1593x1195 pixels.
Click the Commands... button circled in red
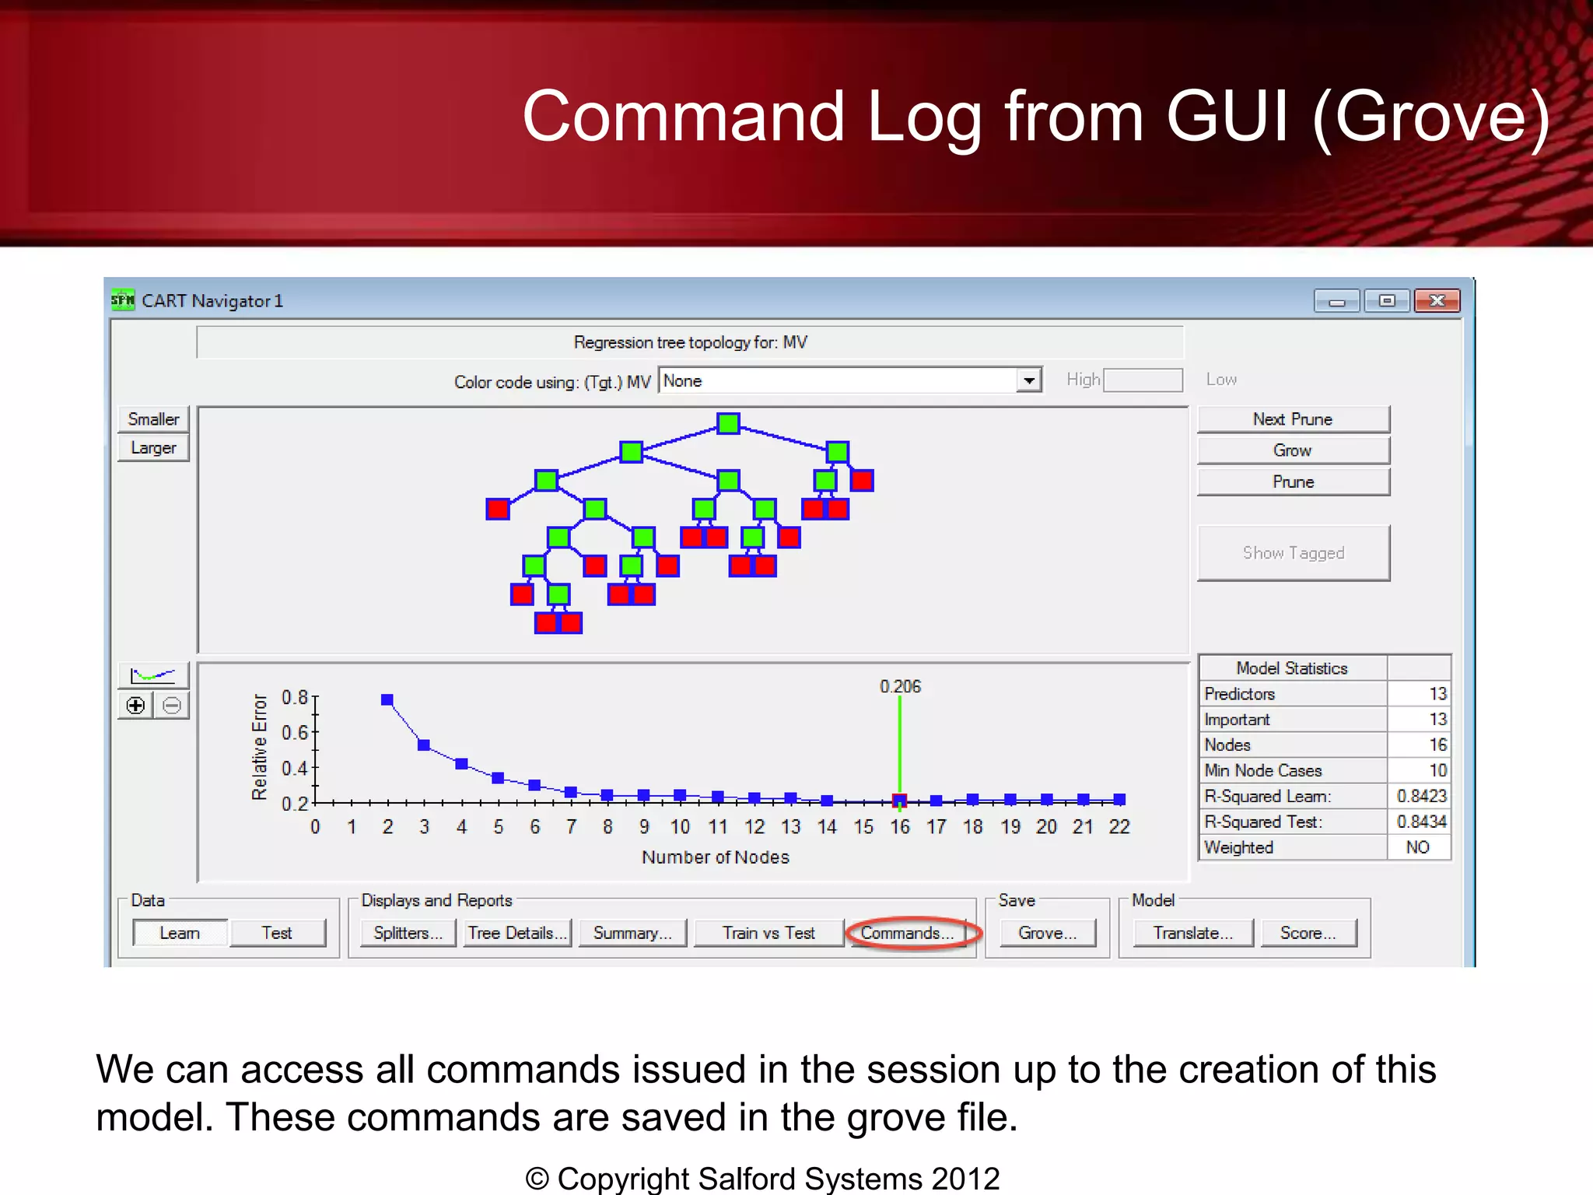coord(907,932)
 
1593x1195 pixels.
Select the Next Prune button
coord(1293,419)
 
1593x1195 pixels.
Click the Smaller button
coord(153,419)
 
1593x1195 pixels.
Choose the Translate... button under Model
coord(1192,932)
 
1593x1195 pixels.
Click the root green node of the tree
coord(728,423)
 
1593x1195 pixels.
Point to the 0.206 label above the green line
coord(900,686)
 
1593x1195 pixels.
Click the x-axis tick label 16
coord(900,827)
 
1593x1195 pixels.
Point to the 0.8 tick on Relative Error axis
coord(295,697)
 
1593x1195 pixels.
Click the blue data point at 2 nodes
coord(387,699)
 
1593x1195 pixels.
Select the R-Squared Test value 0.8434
coord(1421,822)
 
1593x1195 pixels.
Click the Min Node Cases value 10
coord(1437,770)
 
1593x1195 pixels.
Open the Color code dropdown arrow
coord(1029,380)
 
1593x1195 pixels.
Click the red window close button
coord(1437,300)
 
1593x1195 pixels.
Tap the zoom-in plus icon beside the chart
coord(136,706)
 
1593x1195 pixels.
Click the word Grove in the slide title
coord(1432,117)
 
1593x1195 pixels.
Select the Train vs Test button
coord(768,932)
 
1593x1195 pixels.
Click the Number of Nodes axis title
coord(715,857)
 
